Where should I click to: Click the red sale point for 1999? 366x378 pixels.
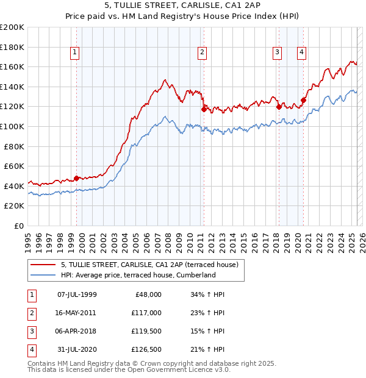pyautogui.click(x=76, y=178)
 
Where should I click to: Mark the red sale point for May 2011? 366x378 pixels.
pyautogui.click(x=204, y=109)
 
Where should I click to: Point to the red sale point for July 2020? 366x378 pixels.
pyautogui.click(x=303, y=100)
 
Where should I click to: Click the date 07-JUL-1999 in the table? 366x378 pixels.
pyautogui.click(x=77, y=294)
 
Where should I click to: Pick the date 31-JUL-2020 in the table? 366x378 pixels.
pyautogui.click(x=77, y=349)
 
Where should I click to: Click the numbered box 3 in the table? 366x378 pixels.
pyautogui.click(x=30, y=331)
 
